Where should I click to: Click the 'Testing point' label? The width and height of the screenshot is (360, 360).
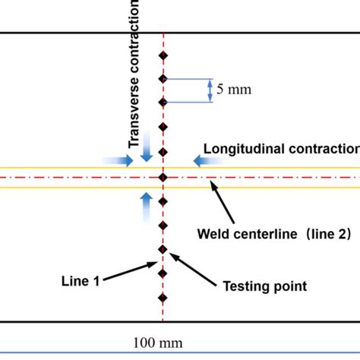click(x=264, y=286)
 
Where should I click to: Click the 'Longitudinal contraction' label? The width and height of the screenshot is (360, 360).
click(x=281, y=149)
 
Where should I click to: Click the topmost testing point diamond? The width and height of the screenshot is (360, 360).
click(x=162, y=55)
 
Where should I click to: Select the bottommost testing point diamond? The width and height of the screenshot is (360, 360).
click(x=162, y=298)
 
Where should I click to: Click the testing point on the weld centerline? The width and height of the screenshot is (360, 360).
click(x=163, y=177)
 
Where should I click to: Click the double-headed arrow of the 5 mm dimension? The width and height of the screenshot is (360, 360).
click(x=210, y=90)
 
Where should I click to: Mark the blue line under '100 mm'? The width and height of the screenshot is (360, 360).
click(x=180, y=355)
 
